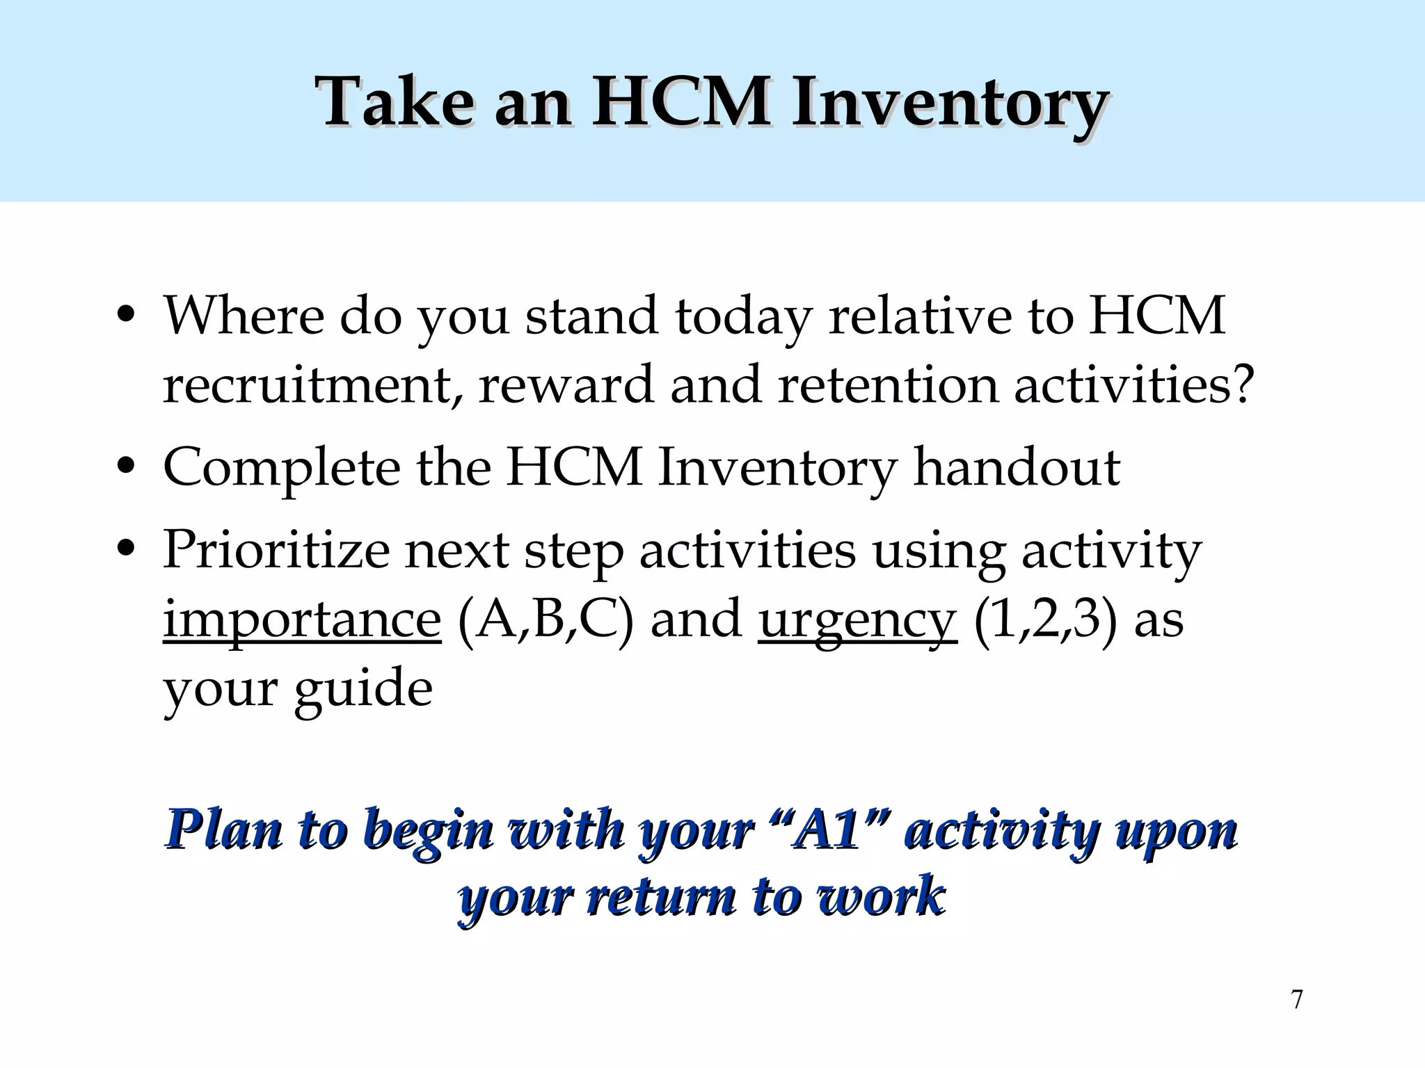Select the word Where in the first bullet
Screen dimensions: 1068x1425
pyautogui.click(x=244, y=316)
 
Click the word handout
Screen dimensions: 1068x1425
pyautogui.click(x=1017, y=467)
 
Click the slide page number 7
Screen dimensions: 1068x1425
pyautogui.click(x=1297, y=1000)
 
